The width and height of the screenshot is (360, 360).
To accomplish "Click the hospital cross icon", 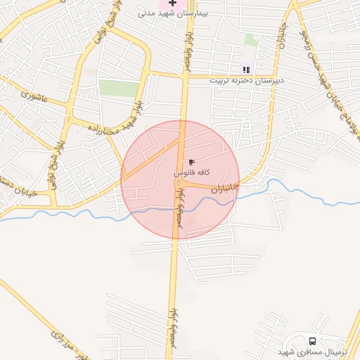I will [172, 4].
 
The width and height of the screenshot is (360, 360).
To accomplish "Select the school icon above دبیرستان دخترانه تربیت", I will [246, 69].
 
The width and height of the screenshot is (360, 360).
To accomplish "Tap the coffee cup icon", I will [192, 162].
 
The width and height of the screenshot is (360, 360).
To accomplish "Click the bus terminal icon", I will [312, 340].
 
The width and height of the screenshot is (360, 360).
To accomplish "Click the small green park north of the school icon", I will [250, 39].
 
